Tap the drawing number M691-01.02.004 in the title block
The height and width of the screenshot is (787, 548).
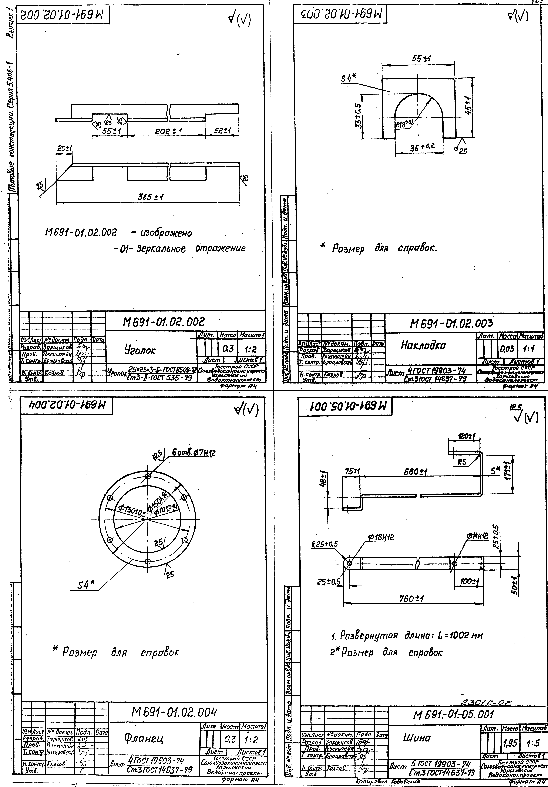tap(175, 713)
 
